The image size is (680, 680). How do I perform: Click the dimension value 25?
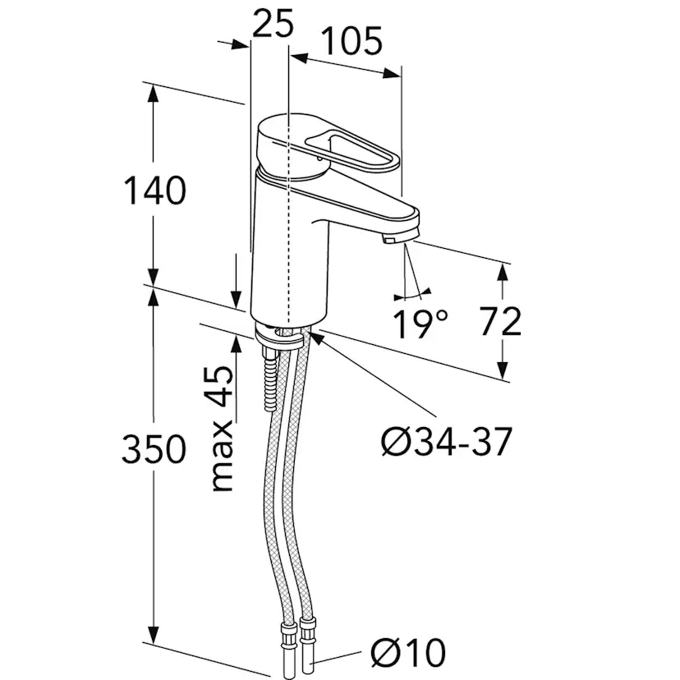[x=273, y=24]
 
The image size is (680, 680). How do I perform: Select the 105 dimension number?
[x=353, y=41]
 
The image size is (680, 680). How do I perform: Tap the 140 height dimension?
[x=155, y=191]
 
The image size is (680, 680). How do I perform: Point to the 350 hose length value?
[x=154, y=449]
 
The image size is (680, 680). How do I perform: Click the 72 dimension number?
[x=500, y=321]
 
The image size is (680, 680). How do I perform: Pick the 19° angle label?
[x=420, y=324]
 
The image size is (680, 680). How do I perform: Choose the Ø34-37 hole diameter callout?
[x=447, y=442]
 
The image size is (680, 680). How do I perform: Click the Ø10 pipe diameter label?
[x=408, y=652]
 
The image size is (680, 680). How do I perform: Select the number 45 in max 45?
[x=222, y=387]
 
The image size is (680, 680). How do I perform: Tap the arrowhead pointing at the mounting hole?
[x=316, y=338]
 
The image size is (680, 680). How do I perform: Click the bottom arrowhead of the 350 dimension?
[x=154, y=635]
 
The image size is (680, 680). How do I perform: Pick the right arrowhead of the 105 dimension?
[x=392, y=73]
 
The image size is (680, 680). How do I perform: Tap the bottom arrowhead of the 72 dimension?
[x=502, y=370]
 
